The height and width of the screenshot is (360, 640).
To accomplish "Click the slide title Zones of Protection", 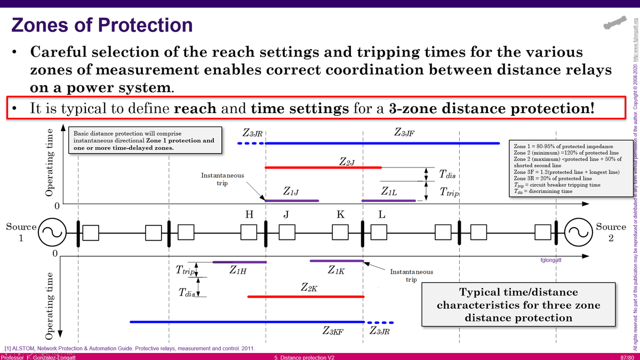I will (102, 25).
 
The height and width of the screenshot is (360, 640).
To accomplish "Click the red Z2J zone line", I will (323, 167).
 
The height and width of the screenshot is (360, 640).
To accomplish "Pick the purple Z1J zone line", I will (292, 201).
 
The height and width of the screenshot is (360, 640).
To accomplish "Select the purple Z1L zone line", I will (388, 201).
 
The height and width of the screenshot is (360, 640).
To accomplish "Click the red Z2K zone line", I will (305, 296).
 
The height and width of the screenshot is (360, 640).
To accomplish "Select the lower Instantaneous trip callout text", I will (426, 275).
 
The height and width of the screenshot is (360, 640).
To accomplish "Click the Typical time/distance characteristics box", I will (504, 305).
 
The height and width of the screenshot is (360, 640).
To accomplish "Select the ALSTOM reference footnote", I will (129, 348).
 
